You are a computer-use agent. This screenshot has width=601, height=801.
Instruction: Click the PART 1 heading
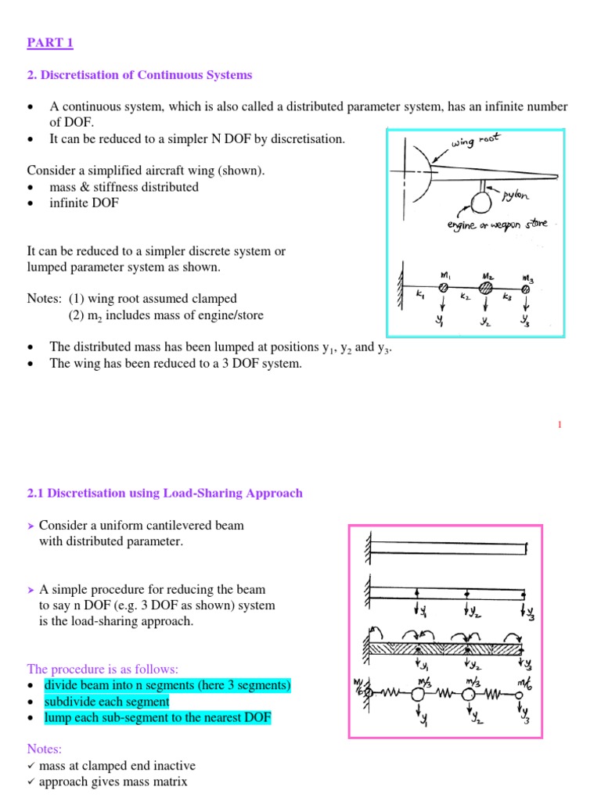[x=50, y=43]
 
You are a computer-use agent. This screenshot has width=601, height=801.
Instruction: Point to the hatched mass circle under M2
[x=485, y=289]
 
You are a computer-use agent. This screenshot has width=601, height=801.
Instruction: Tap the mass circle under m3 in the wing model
[x=526, y=289]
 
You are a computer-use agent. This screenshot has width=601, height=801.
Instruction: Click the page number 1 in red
[x=560, y=424]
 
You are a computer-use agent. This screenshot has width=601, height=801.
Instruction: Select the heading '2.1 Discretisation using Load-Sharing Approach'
[x=164, y=493]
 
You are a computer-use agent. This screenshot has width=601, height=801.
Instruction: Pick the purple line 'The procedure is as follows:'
[x=103, y=670]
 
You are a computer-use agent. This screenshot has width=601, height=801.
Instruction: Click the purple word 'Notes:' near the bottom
[x=45, y=749]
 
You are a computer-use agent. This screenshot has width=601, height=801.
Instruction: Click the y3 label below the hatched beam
[x=527, y=666]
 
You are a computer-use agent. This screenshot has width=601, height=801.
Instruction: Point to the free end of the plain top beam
[x=526, y=549]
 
